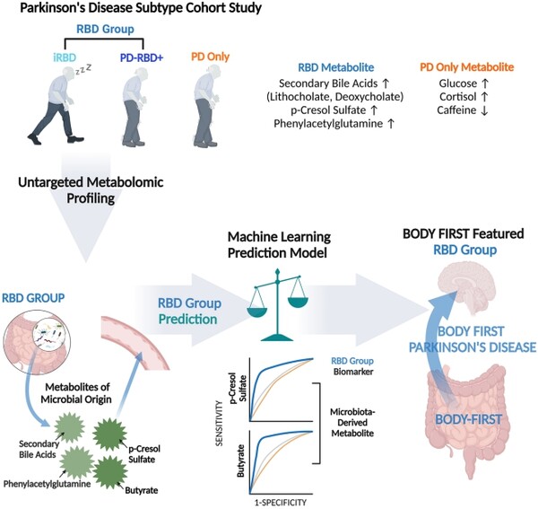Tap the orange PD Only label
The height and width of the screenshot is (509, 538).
[211, 57]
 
